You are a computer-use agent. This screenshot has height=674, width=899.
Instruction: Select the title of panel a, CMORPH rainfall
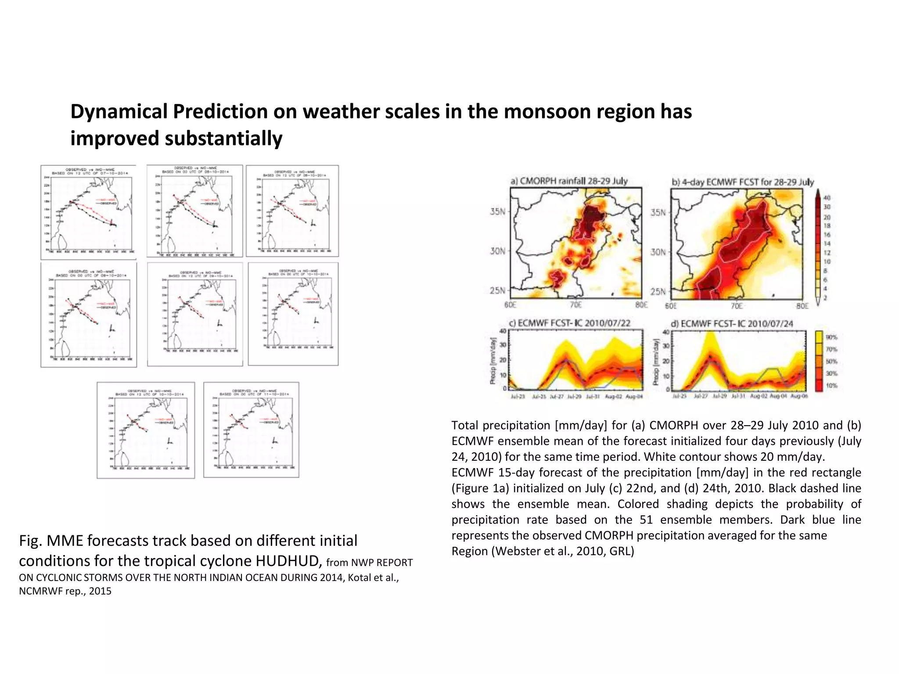pos(569,181)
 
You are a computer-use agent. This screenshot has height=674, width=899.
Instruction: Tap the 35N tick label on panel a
pos(497,212)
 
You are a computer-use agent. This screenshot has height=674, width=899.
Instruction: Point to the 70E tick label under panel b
pos(736,306)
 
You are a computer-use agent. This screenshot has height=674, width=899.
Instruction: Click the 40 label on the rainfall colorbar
pos(827,198)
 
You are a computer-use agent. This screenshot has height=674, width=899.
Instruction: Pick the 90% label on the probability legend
pos(831,337)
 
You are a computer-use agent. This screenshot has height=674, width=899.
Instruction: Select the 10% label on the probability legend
pos(831,386)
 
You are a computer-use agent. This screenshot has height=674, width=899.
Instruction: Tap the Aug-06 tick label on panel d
pos(798,396)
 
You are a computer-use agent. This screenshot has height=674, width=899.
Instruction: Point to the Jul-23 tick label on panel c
pos(518,397)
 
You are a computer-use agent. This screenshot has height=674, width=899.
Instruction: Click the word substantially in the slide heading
pos(223,139)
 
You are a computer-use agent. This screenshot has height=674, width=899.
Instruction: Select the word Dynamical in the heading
pos(118,111)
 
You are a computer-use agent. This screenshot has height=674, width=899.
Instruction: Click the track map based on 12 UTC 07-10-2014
pos(88,212)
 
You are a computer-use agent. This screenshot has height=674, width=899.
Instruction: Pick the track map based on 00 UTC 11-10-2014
pos(251,430)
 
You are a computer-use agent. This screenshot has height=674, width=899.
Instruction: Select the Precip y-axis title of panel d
pos(656,362)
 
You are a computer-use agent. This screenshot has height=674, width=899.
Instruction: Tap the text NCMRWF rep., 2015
pos(65,591)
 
